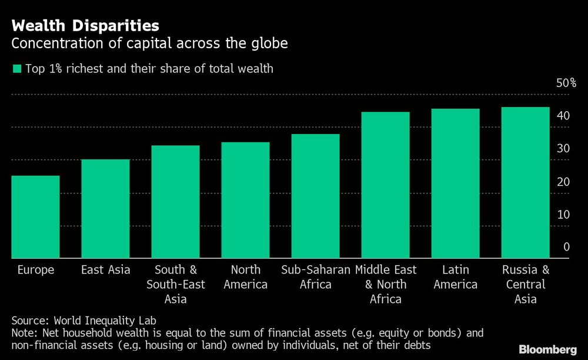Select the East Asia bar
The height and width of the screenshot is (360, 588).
(x=105, y=208)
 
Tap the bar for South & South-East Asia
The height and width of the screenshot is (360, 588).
(x=175, y=201)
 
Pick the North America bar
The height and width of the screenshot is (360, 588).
(x=245, y=200)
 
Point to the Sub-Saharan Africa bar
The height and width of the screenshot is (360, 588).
(x=315, y=196)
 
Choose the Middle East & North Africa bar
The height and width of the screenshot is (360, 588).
(x=385, y=185)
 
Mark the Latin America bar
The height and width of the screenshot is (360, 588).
(x=455, y=183)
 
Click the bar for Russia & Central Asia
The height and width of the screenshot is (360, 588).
(x=525, y=182)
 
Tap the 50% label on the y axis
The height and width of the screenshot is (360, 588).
(x=566, y=83)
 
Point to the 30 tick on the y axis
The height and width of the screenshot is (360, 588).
(x=563, y=148)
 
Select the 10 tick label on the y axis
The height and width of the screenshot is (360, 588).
(x=563, y=214)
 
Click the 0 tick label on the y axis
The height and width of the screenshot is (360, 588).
(x=566, y=247)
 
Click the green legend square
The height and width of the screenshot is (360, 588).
(x=16, y=69)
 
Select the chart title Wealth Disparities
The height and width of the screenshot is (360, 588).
(x=85, y=25)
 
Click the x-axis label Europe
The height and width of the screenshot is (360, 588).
(x=35, y=270)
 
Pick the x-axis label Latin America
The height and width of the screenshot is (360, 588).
(x=455, y=277)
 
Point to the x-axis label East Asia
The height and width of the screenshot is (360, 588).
(x=105, y=270)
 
